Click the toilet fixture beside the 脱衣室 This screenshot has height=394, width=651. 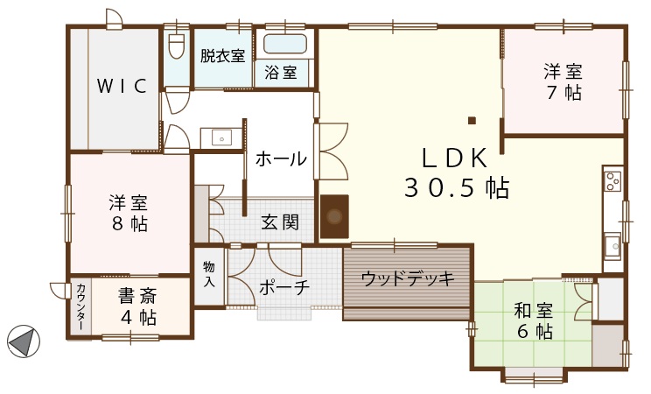[177, 45]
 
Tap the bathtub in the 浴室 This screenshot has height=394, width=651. [285, 44]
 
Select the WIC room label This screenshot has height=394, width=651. [122, 86]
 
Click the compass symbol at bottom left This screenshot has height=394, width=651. [24, 341]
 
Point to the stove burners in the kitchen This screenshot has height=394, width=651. [612, 181]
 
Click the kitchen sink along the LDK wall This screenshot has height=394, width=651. [612, 246]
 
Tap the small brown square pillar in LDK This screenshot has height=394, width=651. [472, 121]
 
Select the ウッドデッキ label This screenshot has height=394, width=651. [408, 279]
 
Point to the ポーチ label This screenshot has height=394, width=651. [284, 287]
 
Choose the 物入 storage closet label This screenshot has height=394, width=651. [209, 274]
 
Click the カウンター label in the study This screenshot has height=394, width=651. [81, 306]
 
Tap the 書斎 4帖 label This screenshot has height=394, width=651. [138, 306]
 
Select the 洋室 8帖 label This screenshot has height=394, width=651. [129, 213]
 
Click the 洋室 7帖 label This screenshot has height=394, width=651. [563, 82]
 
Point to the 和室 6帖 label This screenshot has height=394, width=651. [534, 320]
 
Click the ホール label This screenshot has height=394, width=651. [281, 158]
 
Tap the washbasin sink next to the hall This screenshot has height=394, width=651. [221, 137]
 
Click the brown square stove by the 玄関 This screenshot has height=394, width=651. [334, 216]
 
